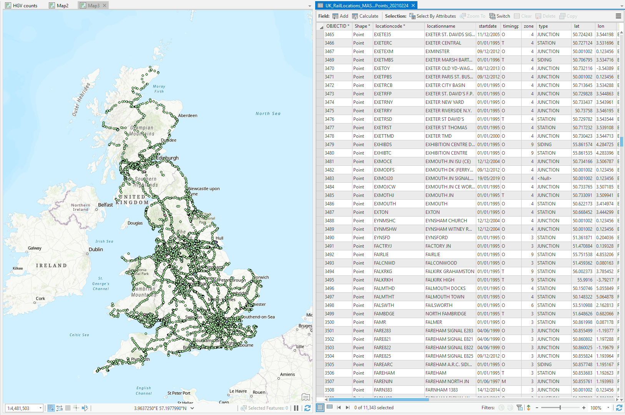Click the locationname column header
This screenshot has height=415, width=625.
[x=441, y=26]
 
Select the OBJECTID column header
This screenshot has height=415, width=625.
[x=336, y=26]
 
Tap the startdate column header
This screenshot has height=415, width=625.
[x=487, y=26]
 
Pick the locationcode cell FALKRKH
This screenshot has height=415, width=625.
[x=383, y=280]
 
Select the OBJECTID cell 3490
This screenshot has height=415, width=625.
[x=329, y=238]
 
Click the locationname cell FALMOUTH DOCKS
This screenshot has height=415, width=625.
[x=445, y=288]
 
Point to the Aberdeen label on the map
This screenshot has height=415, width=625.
[x=188, y=115]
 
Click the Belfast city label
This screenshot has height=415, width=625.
[x=105, y=205]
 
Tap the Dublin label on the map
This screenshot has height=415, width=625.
[x=96, y=249]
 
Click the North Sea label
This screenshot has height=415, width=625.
[x=268, y=113]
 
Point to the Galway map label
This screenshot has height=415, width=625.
[x=35, y=248]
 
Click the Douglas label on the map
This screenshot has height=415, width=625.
[x=135, y=223]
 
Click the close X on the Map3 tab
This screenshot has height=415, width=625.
[x=104, y=5]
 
